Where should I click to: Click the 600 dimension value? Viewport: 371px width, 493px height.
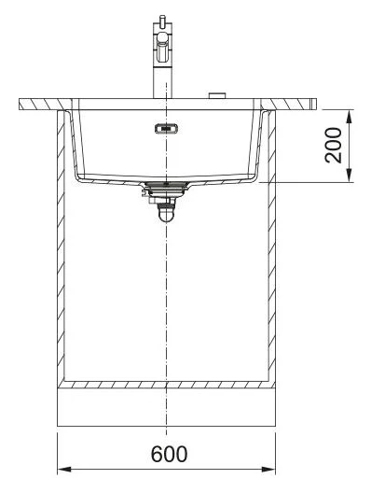point(169,454)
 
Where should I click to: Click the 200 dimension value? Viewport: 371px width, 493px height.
point(333,146)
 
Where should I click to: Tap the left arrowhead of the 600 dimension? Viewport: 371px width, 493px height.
point(64,470)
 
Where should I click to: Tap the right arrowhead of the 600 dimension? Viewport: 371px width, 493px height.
point(268,470)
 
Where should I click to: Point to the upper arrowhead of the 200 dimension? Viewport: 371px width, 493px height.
point(349,117)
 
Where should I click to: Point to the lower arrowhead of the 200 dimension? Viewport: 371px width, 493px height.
point(349,176)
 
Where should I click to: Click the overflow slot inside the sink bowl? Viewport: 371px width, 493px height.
point(166,129)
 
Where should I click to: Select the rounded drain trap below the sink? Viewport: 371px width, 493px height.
point(166,213)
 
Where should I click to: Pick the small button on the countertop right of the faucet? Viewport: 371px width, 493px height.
point(217,95)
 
